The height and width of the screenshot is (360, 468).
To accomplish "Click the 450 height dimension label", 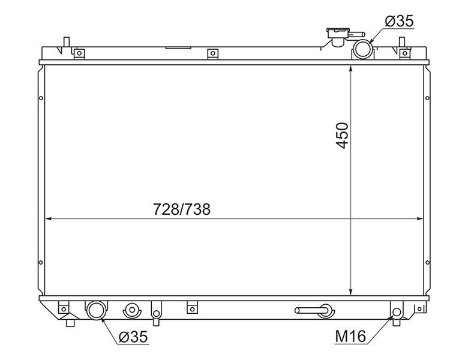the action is [x=342, y=135].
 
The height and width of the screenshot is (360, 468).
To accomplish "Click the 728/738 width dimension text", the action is [x=182, y=209].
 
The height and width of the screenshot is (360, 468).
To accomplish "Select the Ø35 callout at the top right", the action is [x=400, y=21].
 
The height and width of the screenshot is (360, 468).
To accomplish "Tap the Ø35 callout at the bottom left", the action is [x=133, y=337].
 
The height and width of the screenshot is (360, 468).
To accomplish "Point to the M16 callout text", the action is [x=350, y=337].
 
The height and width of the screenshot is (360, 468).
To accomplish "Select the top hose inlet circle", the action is [x=362, y=49].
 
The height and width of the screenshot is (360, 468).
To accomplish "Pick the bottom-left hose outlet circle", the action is [x=96, y=310].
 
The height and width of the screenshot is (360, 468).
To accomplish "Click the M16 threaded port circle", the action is [x=397, y=312].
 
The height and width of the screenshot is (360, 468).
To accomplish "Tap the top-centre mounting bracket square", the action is [x=212, y=54].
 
